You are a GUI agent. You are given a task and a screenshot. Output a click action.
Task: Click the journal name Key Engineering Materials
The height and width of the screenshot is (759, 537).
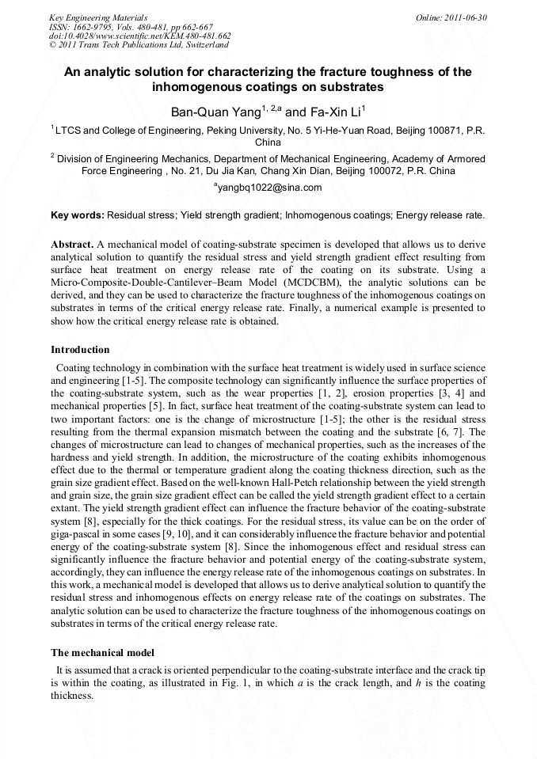pos(97,17)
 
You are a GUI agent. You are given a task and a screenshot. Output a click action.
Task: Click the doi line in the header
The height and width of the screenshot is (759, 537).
pos(139,36)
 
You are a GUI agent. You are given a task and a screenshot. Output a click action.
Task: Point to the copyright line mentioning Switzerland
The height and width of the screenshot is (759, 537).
pos(139,45)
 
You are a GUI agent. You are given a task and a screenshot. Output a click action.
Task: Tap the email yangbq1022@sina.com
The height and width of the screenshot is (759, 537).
pos(268,188)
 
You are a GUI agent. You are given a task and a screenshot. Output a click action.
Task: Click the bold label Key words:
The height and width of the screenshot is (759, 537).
pos(78,215)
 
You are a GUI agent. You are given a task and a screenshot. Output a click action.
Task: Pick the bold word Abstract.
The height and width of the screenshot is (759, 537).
pos(73,245)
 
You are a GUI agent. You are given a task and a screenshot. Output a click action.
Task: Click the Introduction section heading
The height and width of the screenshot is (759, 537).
pos(80,349)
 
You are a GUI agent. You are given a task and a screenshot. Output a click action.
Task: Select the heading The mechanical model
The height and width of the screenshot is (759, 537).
pos(102,652)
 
